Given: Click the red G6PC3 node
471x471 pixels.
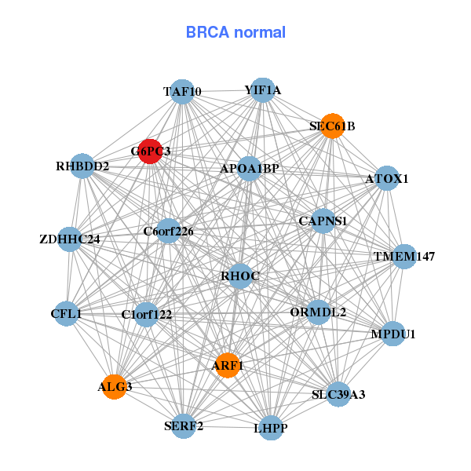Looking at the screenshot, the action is (150, 151).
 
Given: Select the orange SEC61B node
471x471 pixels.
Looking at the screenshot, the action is (333, 126).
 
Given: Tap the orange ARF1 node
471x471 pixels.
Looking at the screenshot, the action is (228, 365).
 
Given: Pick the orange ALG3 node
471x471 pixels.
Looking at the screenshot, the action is (115, 386).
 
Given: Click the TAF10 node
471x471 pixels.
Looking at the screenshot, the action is (182, 91).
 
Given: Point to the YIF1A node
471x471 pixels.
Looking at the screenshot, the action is (262, 90).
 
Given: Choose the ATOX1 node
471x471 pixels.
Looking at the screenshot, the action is (386, 179).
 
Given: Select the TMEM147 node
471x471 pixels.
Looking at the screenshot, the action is (403, 257).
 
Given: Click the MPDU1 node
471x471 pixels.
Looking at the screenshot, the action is (392, 334).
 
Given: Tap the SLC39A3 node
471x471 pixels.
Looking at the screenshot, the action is (338, 394).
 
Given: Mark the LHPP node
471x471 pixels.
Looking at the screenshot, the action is (271, 428).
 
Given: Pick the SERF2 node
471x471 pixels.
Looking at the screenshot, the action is (184, 426).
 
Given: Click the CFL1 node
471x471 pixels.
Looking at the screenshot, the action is (66, 314).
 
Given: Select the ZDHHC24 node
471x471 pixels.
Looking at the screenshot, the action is (70, 239).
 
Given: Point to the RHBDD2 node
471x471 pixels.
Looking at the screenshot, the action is (82, 166).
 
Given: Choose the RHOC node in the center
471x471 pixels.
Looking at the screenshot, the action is (239, 276).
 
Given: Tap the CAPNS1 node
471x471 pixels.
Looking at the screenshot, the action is (323, 221).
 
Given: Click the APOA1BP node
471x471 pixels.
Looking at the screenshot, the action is (250, 168).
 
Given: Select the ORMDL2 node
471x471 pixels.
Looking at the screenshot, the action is (318, 312).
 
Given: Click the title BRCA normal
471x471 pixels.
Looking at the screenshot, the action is (235, 32).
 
